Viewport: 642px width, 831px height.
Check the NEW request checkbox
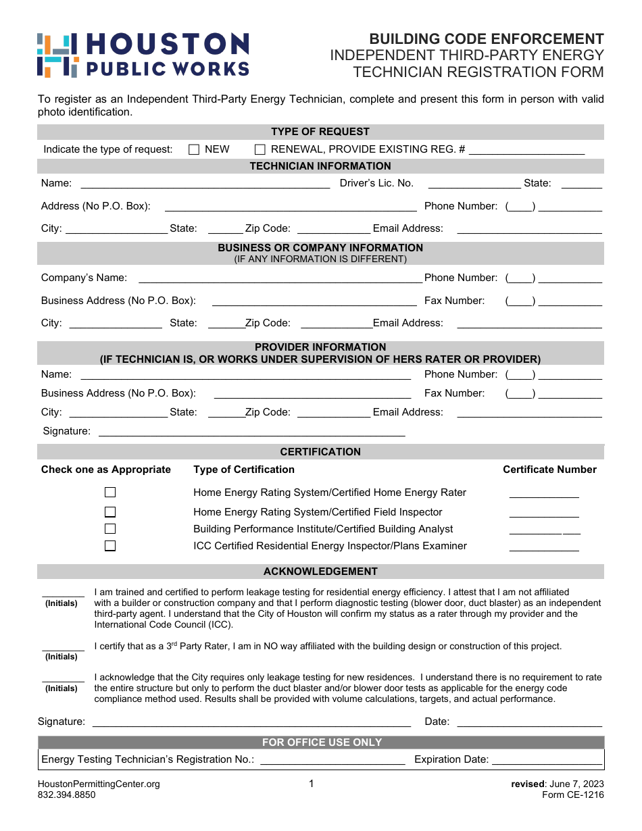(x=194, y=150)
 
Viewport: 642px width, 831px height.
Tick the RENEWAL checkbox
(x=260, y=150)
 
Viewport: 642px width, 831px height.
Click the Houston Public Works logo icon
(x=57, y=55)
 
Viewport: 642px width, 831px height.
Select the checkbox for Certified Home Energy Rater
(x=110, y=493)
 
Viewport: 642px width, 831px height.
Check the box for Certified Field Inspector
(x=110, y=512)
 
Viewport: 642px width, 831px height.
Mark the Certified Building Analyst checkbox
(x=110, y=529)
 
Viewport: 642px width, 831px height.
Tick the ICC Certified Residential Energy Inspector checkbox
(x=110, y=546)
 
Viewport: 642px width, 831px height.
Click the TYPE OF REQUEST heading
(x=320, y=132)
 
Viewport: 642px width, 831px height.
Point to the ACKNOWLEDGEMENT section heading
(x=320, y=572)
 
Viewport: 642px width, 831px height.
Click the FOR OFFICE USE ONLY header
(x=322, y=742)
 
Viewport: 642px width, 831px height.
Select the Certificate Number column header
(x=549, y=470)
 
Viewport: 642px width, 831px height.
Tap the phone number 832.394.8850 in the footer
(x=67, y=795)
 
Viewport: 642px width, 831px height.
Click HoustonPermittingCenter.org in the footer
(x=99, y=784)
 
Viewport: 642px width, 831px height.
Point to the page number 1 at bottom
(x=312, y=784)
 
